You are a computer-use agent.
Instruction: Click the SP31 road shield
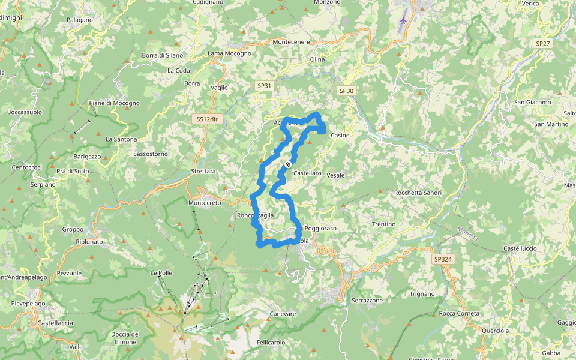click(265, 86)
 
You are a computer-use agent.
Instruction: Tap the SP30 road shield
click(346, 91)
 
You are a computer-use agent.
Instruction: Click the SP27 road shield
click(543, 43)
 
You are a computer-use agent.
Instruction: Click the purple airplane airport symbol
click(403, 20)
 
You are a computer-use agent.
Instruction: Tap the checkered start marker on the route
click(288, 164)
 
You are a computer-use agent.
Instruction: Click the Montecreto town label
click(205, 203)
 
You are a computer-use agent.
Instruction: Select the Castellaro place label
click(307, 173)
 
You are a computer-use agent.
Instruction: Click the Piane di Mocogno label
click(114, 103)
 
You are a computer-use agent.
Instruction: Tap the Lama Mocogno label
click(230, 53)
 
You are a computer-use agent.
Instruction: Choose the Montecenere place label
click(291, 41)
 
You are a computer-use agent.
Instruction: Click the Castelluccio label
click(520, 248)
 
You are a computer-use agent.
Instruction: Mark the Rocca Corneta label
click(460, 313)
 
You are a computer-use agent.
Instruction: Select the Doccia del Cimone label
click(125, 338)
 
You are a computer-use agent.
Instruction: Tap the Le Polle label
click(161, 273)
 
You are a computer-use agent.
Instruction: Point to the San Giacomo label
click(532, 102)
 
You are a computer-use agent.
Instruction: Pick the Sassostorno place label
click(151, 154)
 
